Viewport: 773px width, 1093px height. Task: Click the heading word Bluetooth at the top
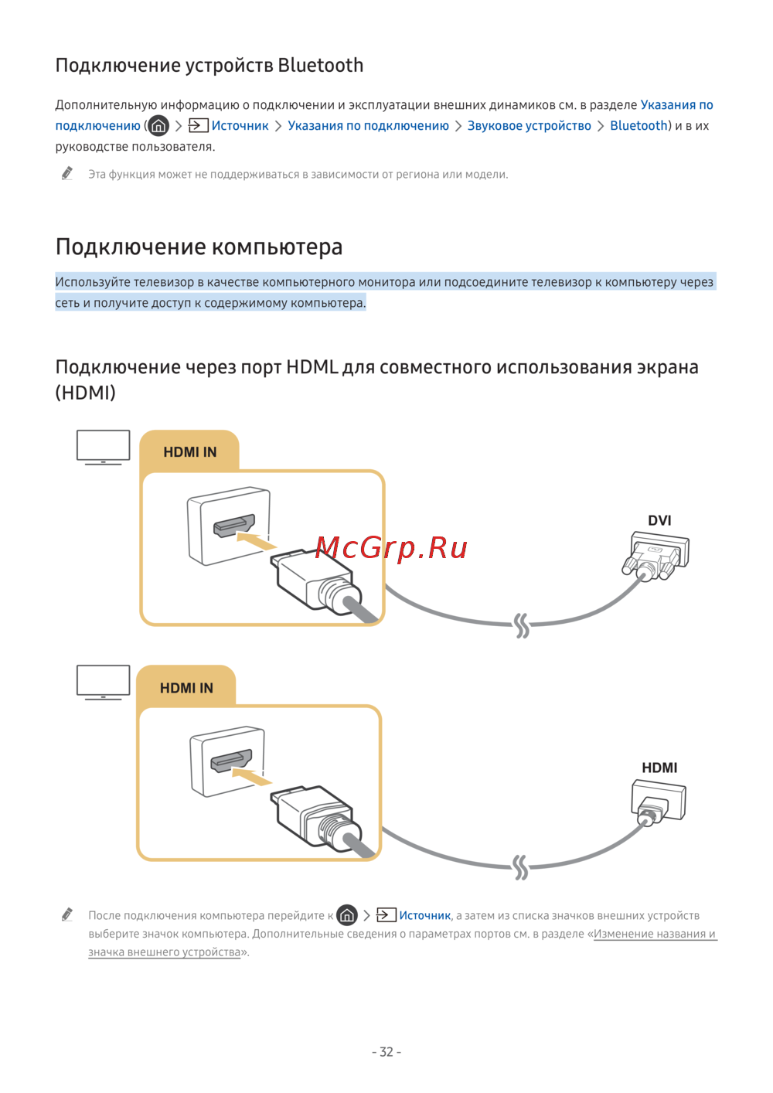point(320,66)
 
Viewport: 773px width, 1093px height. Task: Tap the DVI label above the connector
point(659,520)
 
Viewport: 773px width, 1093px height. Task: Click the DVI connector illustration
point(656,556)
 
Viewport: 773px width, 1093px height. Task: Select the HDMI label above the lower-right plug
point(659,768)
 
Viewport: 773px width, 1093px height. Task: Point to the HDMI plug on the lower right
point(657,802)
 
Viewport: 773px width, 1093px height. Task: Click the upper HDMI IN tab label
point(189,452)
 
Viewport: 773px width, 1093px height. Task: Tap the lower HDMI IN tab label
point(186,688)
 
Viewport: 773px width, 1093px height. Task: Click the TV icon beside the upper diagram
point(104,447)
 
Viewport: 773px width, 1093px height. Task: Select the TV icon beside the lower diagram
point(104,682)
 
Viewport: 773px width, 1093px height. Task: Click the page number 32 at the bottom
point(386,1052)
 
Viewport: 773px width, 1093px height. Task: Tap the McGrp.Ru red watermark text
point(391,548)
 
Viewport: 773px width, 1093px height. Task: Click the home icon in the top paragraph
point(158,125)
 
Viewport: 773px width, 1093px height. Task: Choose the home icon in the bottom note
point(347,915)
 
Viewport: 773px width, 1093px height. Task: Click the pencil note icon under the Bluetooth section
point(67,174)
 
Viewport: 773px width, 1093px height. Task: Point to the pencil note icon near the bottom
point(67,915)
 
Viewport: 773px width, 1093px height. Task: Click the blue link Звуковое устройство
point(529,126)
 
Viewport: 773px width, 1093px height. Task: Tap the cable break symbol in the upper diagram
point(523,625)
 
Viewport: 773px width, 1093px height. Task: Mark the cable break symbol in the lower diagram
point(521,867)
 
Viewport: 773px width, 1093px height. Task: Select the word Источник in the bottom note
point(424,915)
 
